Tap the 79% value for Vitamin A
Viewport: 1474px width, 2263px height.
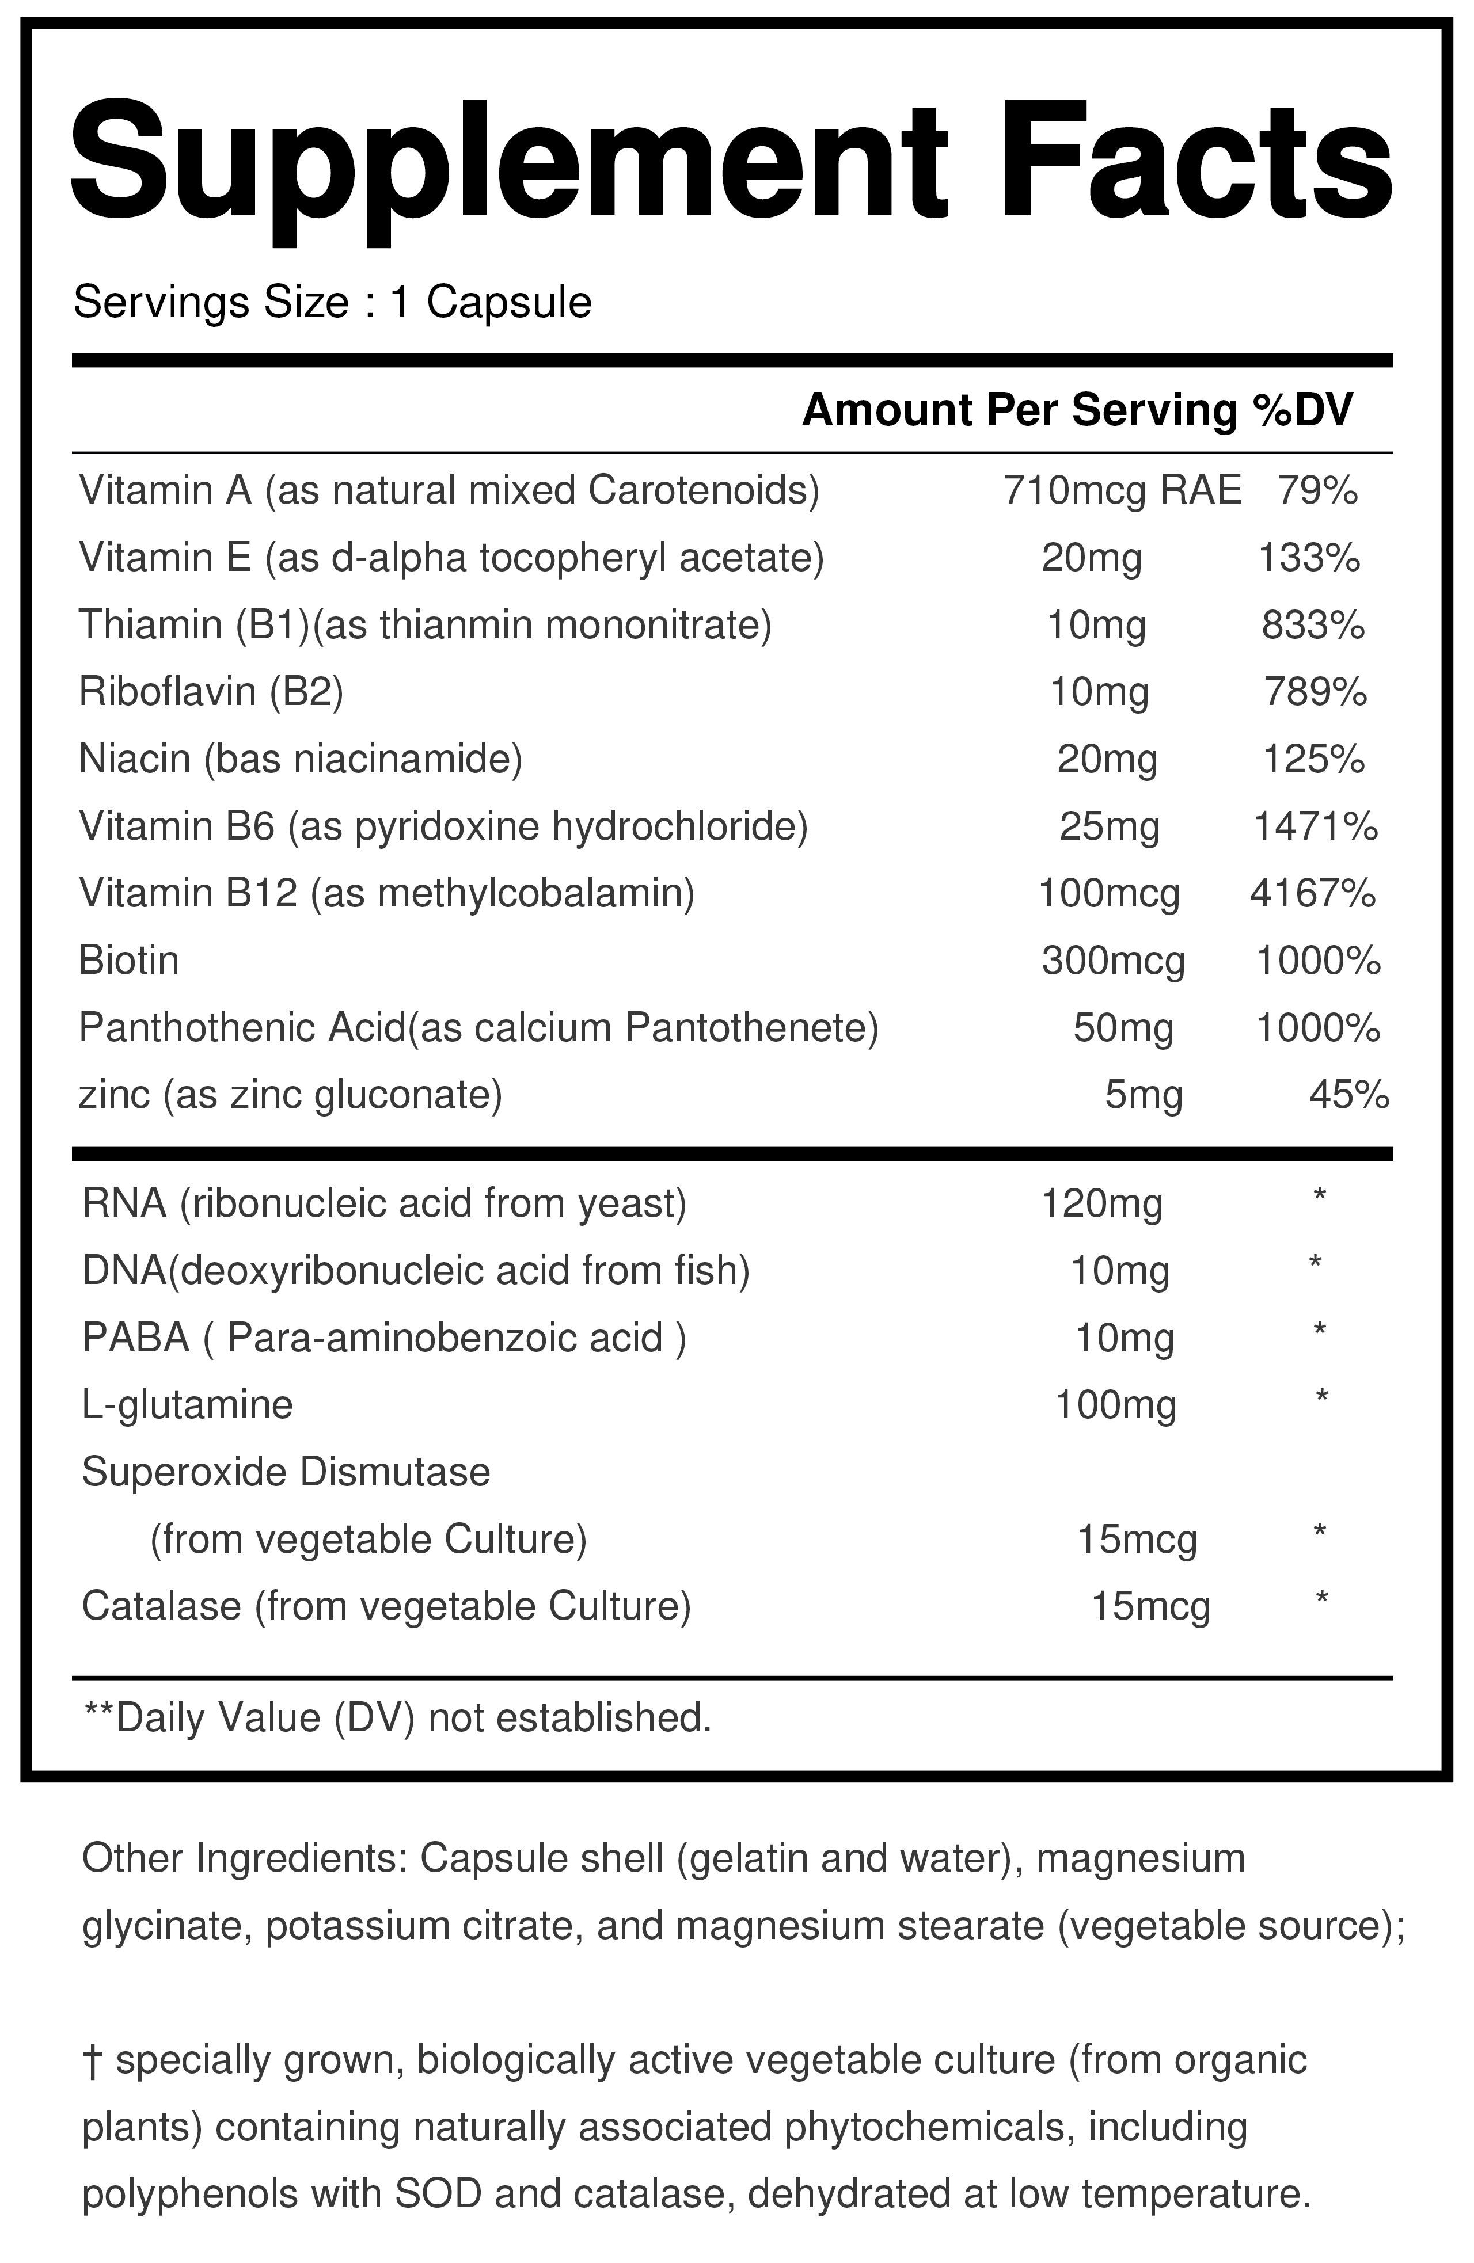(x=1316, y=490)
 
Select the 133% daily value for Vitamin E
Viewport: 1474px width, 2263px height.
(x=1309, y=558)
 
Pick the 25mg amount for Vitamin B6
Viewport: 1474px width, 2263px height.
(x=1109, y=827)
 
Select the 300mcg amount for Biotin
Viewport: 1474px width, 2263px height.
(x=1112, y=961)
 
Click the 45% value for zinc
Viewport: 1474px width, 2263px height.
(x=1348, y=1095)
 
